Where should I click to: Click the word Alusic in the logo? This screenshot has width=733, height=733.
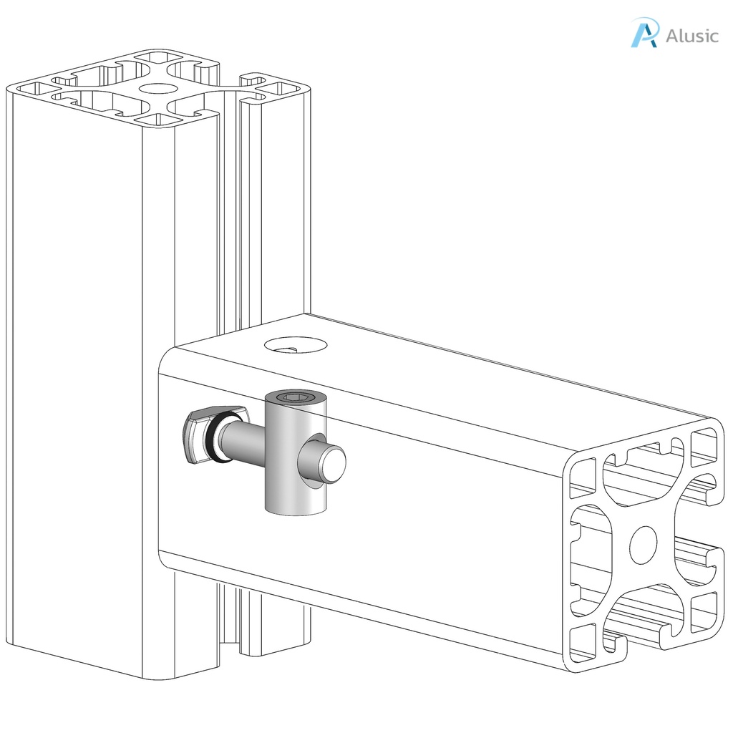pyautogui.click(x=691, y=36)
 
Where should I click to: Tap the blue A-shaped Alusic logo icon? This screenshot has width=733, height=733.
pyautogui.click(x=644, y=33)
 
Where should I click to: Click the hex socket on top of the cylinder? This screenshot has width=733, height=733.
pyautogui.click(x=295, y=397)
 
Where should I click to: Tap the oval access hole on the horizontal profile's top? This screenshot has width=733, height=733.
pyautogui.click(x=296, y=346)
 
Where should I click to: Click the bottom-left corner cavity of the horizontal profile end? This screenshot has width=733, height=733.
pyautogui.click(x=583, y=640)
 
